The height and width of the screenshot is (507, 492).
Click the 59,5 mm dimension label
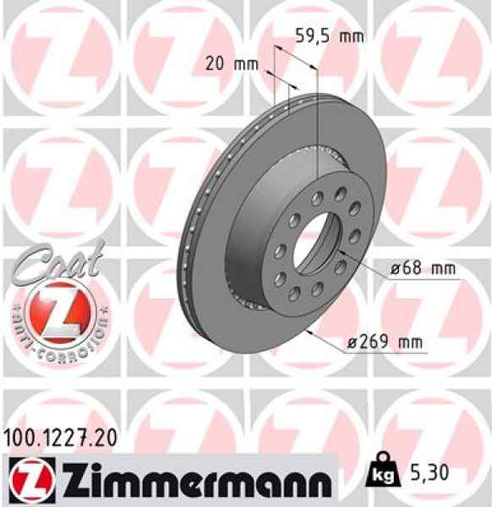(329, 36)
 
